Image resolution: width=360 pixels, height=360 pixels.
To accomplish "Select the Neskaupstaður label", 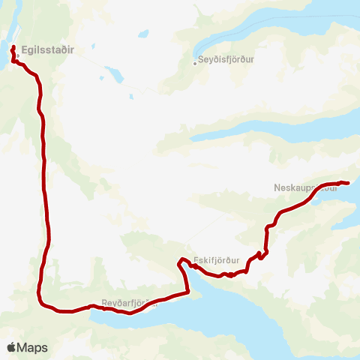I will pos(303,187).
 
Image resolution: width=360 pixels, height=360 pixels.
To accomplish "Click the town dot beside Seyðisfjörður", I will pos(195,63).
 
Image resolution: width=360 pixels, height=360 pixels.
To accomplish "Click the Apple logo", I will pos(12,347).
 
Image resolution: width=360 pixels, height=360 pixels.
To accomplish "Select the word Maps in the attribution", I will pos(32,348).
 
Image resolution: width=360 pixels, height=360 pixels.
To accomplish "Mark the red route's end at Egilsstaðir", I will pos(14,47).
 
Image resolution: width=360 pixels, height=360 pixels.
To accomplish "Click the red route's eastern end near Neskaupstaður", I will pos(349,183).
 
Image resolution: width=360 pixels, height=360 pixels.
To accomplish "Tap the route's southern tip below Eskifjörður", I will pos(187,292).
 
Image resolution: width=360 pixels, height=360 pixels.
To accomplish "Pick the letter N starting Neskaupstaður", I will pos(278,187).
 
